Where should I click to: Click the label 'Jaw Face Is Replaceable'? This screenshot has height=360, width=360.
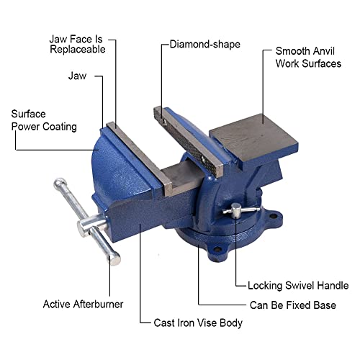(77, 43)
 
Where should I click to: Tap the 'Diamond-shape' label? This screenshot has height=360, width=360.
(205, 45)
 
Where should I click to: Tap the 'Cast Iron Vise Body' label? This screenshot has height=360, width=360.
(198, 323)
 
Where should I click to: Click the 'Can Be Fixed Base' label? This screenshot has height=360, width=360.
(292, 305)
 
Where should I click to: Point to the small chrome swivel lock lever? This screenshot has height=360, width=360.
(235, 210)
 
